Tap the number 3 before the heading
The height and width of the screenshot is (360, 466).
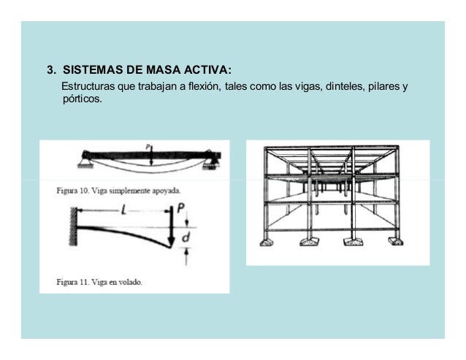(50, 72)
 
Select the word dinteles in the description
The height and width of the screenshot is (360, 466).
(345, 88)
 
